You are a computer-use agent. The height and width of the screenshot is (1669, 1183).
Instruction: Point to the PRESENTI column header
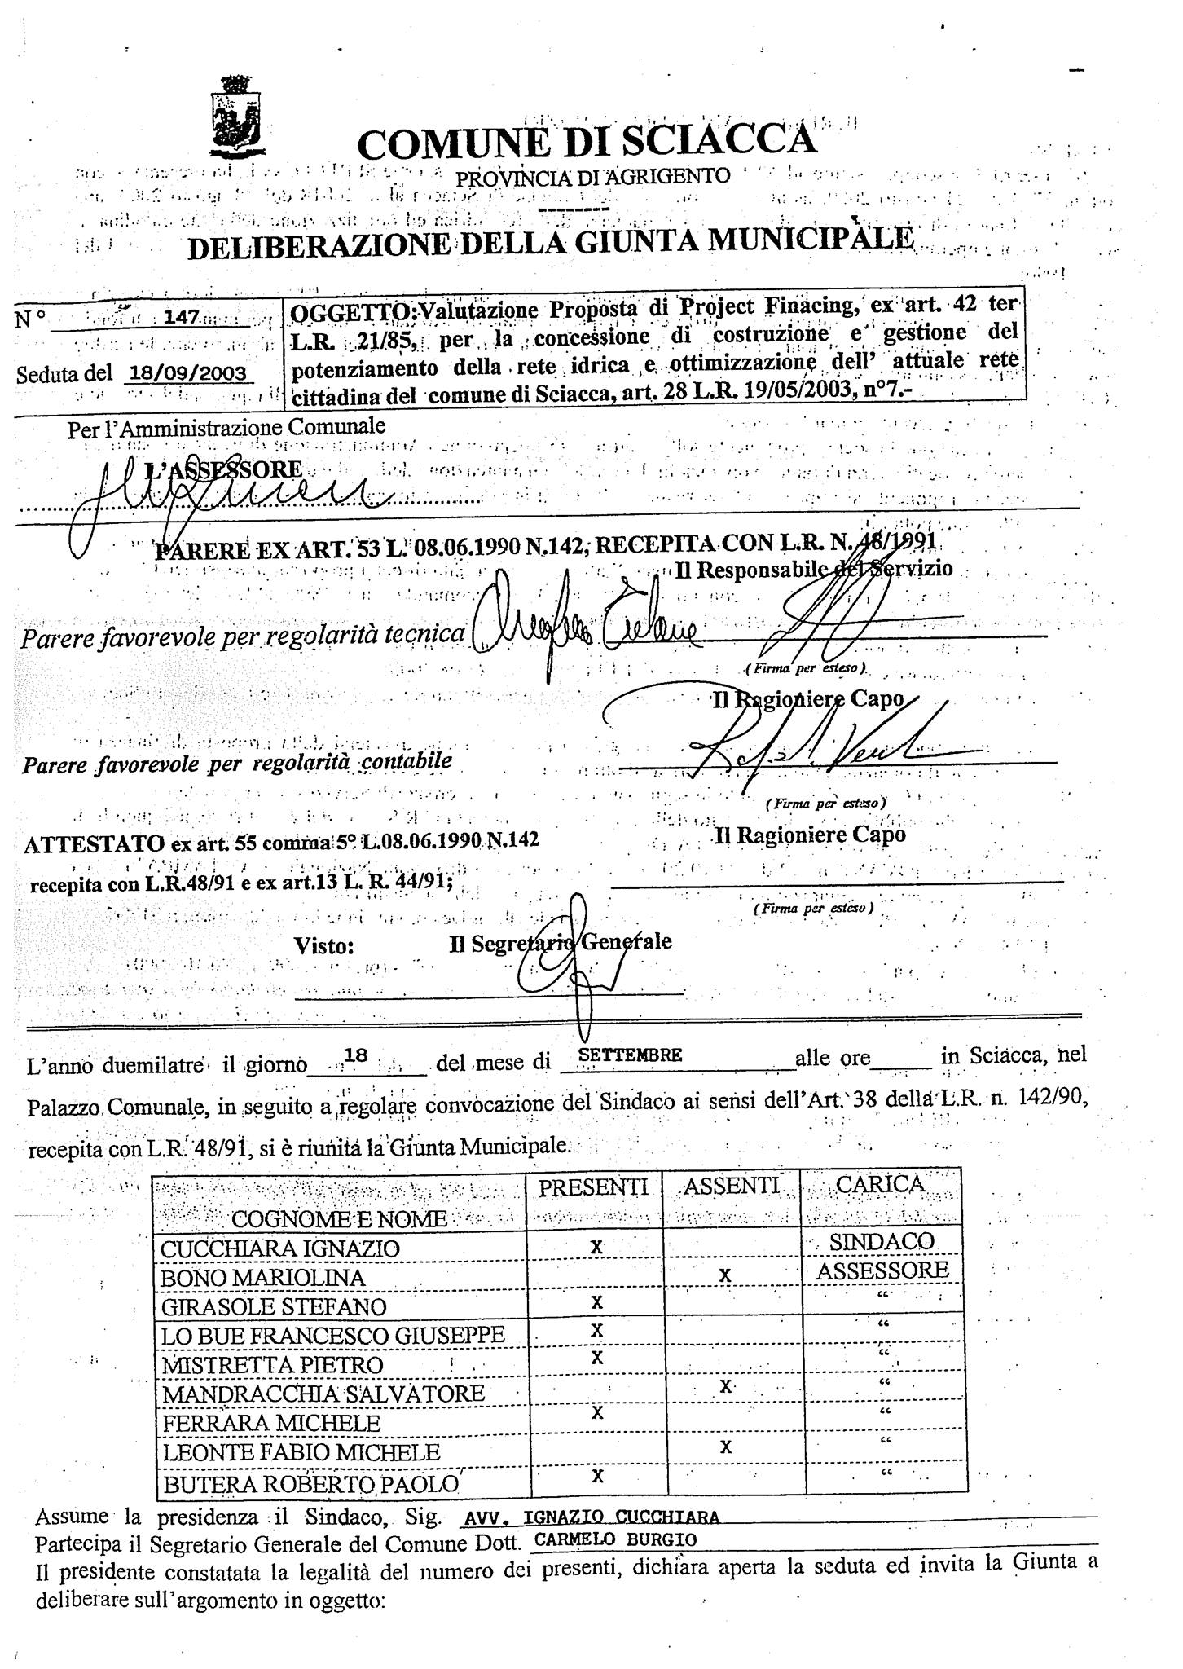pyautogui.click(x=593, y=1187)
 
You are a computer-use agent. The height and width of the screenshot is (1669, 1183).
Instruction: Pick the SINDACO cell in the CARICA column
pyautogui.click(x=882, y=1241)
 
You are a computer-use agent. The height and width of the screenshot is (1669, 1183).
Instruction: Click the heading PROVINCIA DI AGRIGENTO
pyautogui.click(x=592, y=175)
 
